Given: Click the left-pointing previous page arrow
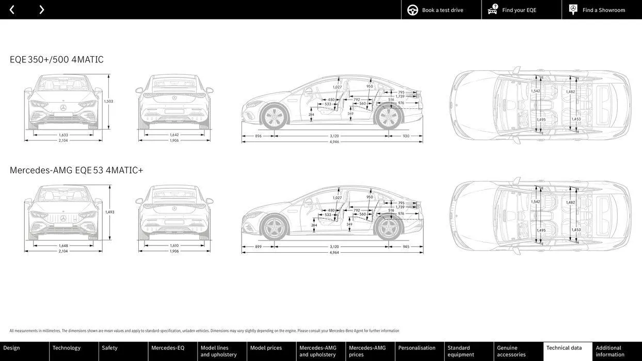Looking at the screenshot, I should pyautogui.click(x=12, y=10).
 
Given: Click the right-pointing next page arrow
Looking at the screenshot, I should pyautogui.click(x=41, y=10).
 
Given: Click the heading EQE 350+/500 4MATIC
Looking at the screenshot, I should pyautogui.click(x=57, y=60).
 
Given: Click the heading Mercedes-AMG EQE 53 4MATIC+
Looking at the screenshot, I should pyautogui.click(x=76, y=170).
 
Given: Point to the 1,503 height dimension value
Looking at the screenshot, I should pyautogui.click(x=108, y=102).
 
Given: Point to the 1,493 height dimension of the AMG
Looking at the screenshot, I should pyautogui.click(x=109, y=212).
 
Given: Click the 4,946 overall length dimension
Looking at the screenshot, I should pyautogui.click(x=334, y=142).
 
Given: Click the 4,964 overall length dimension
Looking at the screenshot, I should pyautogui.click(x=334, y=253).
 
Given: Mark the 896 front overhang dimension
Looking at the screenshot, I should pyautogui.click(x=258, y=136).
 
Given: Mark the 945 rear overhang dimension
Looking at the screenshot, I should pyautogui.click(x=406, y=247).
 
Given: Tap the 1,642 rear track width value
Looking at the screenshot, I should pyautogui.click(x=174, y=135).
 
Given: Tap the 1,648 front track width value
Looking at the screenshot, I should pyautogui.click(x=63, y=245).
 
